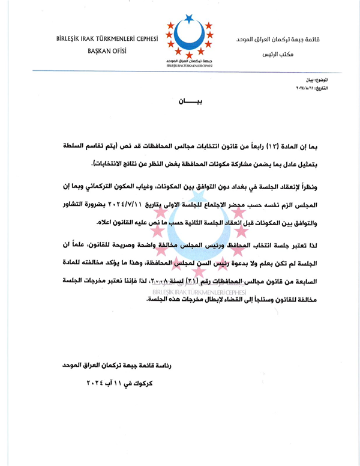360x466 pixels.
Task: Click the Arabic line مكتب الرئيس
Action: [x=275, y=55]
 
